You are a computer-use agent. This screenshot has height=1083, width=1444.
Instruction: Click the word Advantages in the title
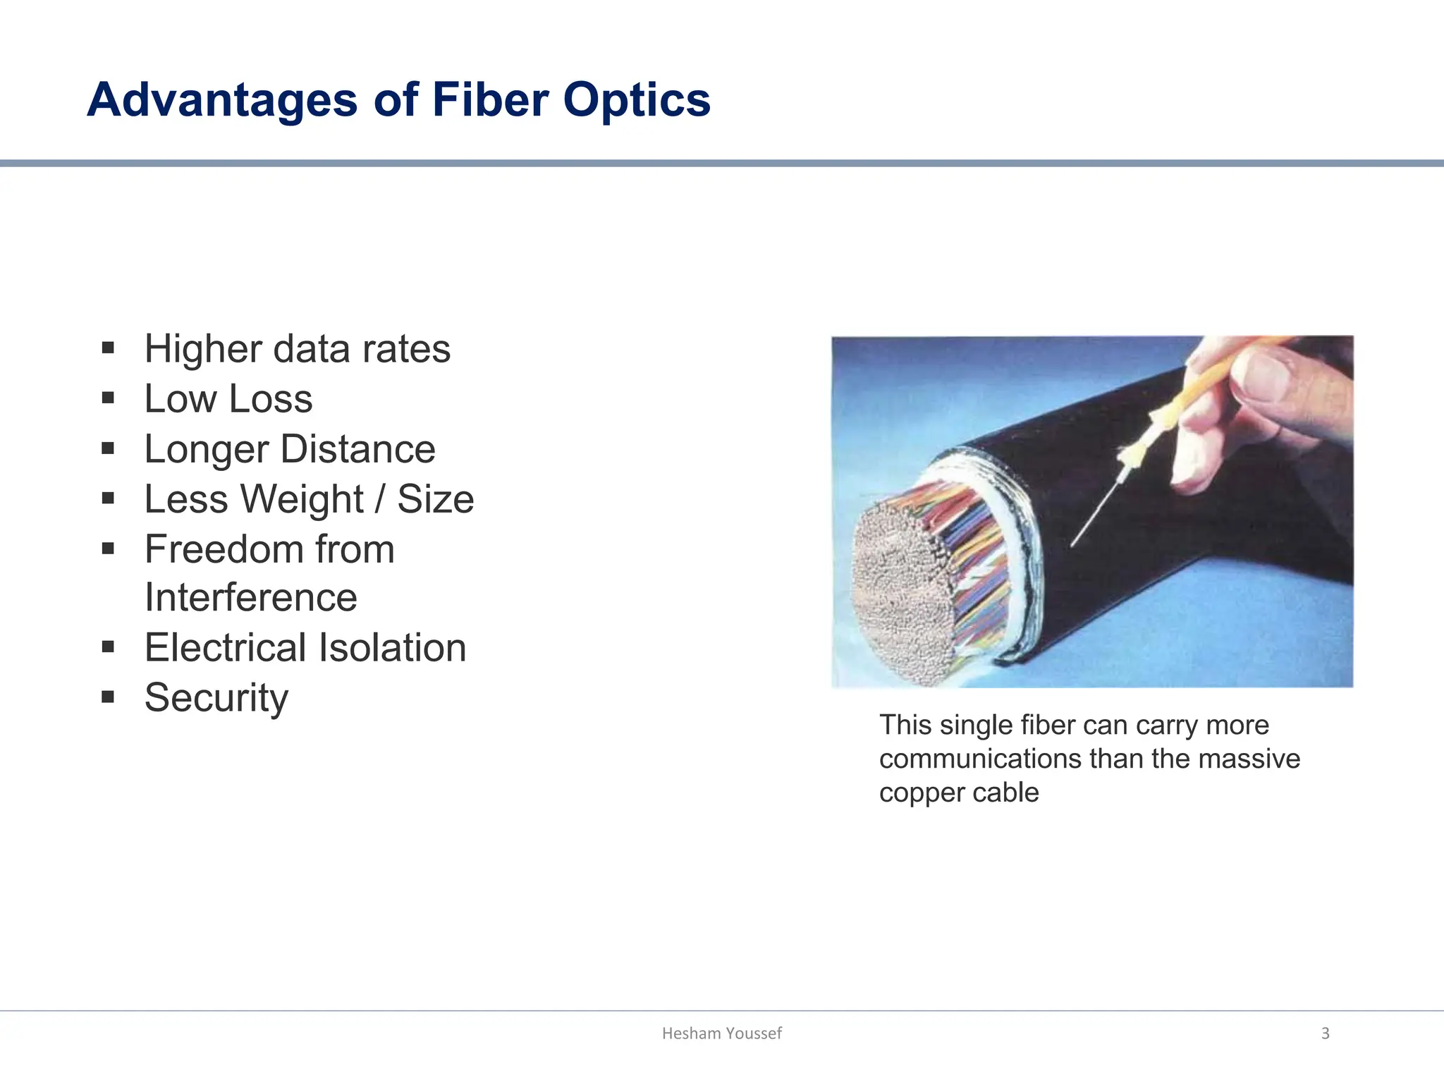(x=222, y=99)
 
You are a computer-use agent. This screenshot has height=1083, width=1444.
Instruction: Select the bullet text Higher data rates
(x=297, y=348)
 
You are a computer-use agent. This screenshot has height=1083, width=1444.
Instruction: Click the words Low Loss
(x=228, y=398)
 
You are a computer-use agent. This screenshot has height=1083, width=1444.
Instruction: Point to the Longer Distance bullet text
(x=289, y=448)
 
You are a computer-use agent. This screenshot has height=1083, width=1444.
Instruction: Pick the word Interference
(x=250, y=597)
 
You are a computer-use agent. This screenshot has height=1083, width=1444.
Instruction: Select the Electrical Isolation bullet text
(x=305, y=647)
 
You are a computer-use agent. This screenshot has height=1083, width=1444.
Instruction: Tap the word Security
(x=216, y=697)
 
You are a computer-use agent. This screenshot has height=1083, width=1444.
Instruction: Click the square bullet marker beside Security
(x=108, y=697)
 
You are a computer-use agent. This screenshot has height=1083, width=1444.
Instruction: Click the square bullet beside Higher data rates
(x=108, y=348)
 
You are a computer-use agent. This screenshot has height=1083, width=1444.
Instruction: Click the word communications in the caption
(x=980, y=759)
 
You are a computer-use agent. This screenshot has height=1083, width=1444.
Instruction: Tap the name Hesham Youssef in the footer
(x=721, y=1033)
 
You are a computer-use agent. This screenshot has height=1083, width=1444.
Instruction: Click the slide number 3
(x=1325, y=1033)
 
